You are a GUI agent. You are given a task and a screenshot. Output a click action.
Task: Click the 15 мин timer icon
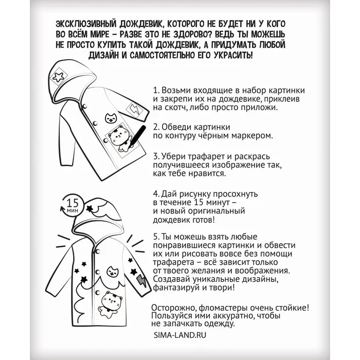[71, 204]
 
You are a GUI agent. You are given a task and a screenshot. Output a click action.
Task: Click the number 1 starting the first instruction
[155, 89]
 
